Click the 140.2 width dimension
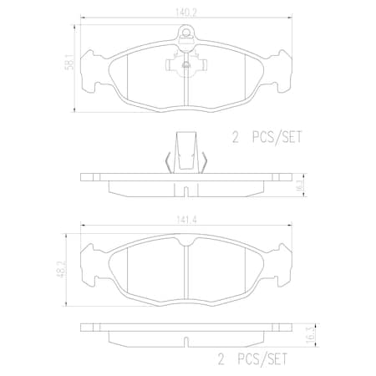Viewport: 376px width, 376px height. tap(186, 13)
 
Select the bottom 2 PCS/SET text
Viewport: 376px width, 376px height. tap(252, 360)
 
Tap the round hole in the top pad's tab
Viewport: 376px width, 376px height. tap(187, 36)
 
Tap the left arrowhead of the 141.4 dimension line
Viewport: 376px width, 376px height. tap(84, 227)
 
